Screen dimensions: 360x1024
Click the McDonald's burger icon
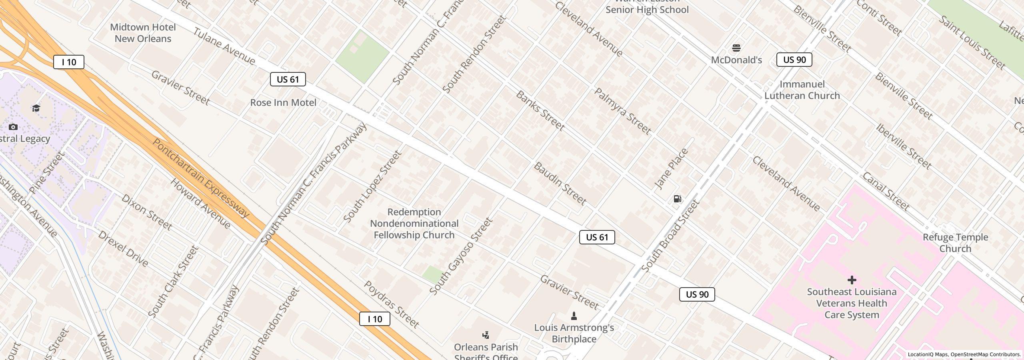[736, 48]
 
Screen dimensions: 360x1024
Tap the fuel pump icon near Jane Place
[677, 199]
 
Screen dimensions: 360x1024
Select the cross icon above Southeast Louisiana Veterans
[852, 280]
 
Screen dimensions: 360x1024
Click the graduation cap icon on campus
[36, 108]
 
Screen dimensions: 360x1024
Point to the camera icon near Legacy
[13, 127]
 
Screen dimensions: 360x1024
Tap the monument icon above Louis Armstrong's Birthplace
[574, 316]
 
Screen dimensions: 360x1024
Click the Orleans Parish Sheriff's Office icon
[486, 335]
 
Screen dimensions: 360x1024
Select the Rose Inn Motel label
[283, 103]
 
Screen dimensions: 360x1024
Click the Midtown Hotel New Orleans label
[143, 33]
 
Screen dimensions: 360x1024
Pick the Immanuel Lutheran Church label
[802, 90]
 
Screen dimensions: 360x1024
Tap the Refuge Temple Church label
[955, 243]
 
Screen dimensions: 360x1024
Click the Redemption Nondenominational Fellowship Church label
[414, 224]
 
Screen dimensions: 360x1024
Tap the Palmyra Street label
[622, 111]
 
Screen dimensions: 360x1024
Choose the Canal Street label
[886, 192]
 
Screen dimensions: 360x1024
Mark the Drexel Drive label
[123, 249]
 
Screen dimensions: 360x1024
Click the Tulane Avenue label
[224, 46]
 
